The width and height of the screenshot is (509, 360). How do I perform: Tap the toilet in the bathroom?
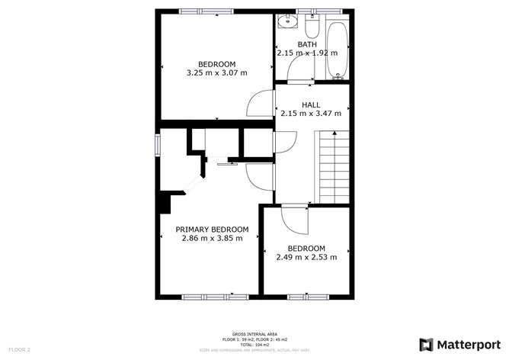tap(311, 28)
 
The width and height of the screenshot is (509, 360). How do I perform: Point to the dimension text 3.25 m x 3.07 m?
tap(216, 73)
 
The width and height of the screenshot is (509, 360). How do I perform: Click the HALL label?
tap(310, 105)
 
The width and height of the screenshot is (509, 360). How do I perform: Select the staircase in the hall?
tap(333, 168)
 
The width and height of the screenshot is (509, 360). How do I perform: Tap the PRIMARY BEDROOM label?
tap(212, 230)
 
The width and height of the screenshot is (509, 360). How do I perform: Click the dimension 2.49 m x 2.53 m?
tap(306, 257)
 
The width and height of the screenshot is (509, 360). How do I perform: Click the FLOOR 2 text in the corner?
tap(18, 349)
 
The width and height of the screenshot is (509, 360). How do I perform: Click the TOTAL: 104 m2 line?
tap(254, 344)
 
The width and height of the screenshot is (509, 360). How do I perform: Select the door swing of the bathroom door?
tap(299, 70)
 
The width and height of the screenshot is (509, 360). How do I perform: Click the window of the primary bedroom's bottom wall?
tap(204, 296)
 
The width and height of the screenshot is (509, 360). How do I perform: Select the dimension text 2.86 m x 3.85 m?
tap(212, 238)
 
